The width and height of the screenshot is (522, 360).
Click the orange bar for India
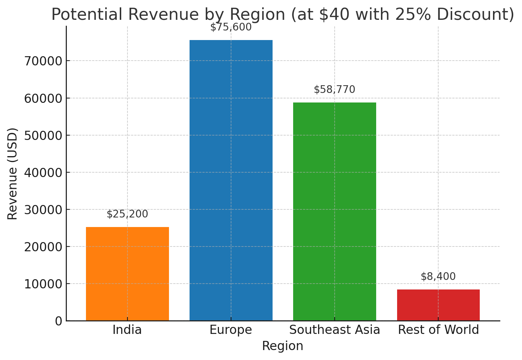[x=127, y=274]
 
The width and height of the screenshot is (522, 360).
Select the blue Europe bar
[x=231, y=180]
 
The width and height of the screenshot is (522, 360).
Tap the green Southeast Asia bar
[x=334, y=211]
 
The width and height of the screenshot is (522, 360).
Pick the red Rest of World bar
[x=438, y=305]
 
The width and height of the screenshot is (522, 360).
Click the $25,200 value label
[x=127, y=214]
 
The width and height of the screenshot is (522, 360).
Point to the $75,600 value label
[x=231, y=27]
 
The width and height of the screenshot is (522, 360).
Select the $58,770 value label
[x=334, y=90]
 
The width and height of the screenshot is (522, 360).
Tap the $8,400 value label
[x=438, y=277]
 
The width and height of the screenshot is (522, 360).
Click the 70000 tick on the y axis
[x=43, y=61]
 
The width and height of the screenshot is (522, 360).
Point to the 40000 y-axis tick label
[x=43, y=173]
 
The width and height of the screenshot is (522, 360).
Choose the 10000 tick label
[x=43, y=284]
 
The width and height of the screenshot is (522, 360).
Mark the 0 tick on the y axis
[x=59, y=321]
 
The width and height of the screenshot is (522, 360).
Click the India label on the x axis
[x=127, y=330]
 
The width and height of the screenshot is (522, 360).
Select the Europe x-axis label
[x=231, y=330]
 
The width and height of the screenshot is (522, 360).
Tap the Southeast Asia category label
[x=334, y=330]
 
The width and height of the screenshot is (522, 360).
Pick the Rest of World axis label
[x=438, y=330]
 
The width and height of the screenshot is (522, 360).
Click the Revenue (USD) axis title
[x=12, y=173]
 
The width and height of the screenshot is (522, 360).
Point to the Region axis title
[x=282, y=346]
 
